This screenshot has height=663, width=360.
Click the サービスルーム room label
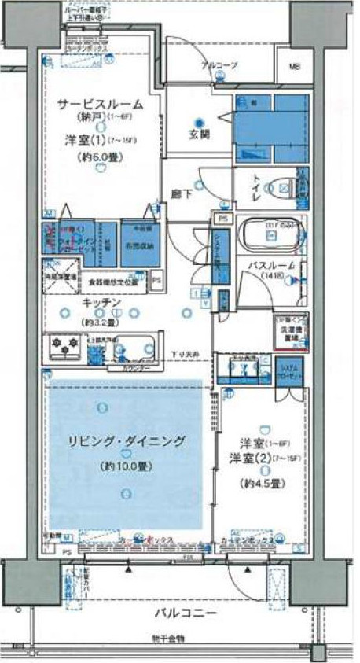pyautogui.click(x=99, y=104)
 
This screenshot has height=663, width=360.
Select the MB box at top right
pyautogui.click(x=295, y=67)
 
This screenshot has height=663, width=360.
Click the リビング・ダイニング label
pyautogui.click(x=116, y=443)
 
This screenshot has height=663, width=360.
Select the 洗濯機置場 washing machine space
pyautogui.click(x=290, y=330)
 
